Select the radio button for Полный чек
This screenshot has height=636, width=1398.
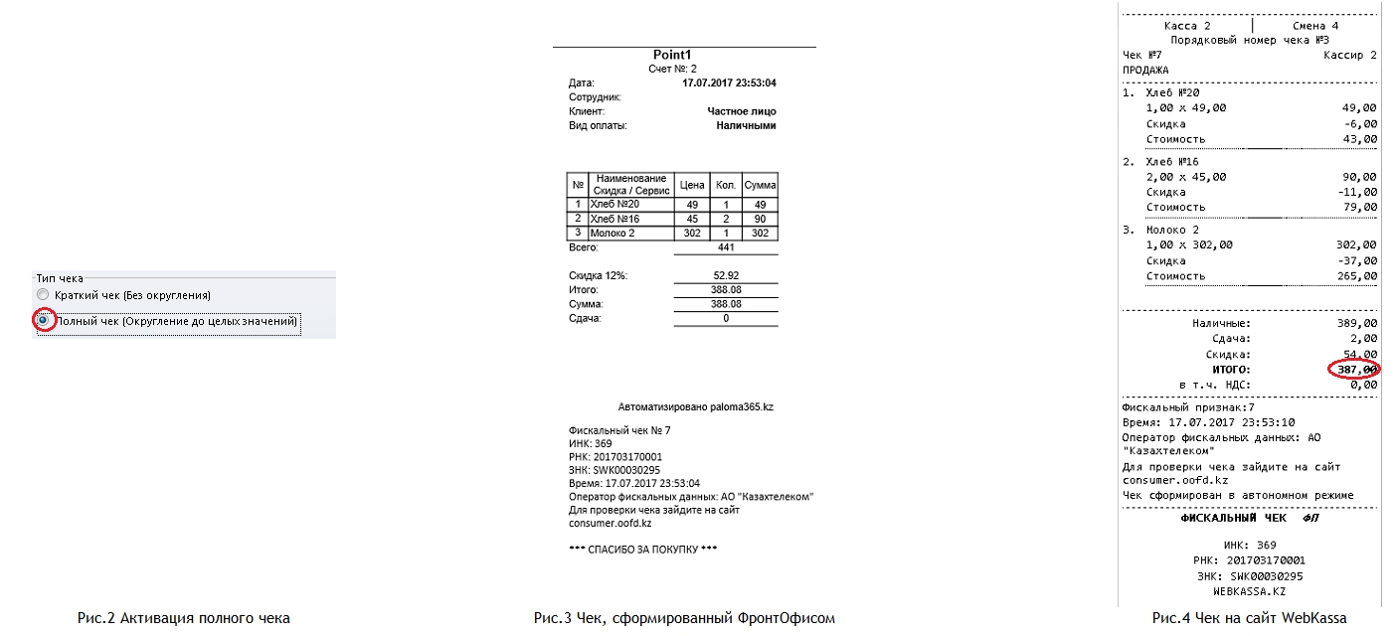(42, 321)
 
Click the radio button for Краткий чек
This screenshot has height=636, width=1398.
(42, 295)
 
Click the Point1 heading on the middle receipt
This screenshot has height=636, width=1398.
(671, 55)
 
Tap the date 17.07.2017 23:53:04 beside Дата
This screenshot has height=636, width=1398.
(729, 83)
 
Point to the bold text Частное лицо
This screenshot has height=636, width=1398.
(741, 112)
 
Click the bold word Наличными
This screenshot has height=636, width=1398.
(746, 126)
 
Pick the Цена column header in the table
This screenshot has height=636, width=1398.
(691, 185)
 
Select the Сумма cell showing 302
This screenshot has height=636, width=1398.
(760, 234)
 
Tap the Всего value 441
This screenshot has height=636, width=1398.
(726, 247)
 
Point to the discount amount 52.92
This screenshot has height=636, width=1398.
(726, 275)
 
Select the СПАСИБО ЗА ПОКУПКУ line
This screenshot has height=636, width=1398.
(642, 550)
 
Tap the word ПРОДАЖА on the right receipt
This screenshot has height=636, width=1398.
(1145, 71)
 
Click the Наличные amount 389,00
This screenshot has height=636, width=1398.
(1356, 323)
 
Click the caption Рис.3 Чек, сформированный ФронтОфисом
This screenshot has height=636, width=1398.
(684, 618)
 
